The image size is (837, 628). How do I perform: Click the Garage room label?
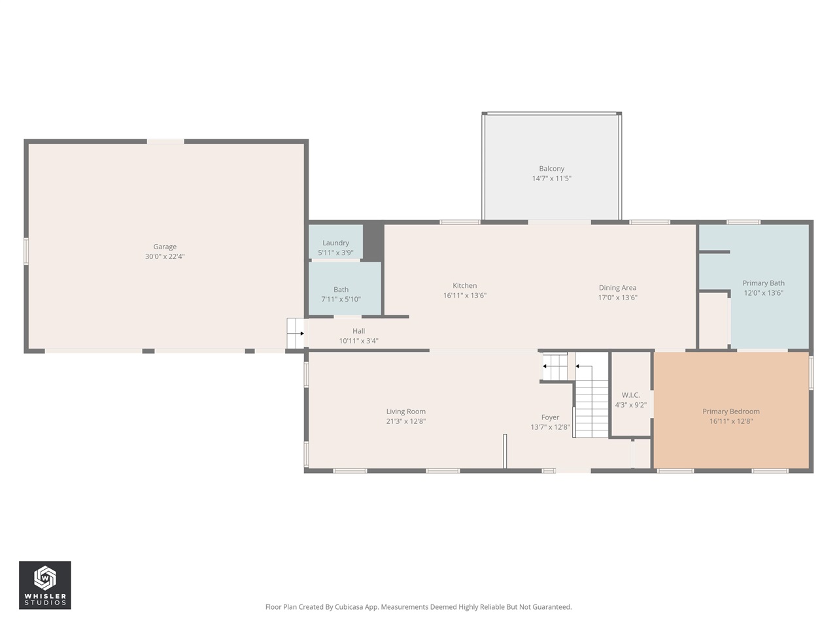pos(165,247)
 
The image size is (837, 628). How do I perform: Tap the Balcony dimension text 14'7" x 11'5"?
pos(551,179)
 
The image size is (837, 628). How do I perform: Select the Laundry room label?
pos(335,243)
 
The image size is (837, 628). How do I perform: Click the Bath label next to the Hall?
pos(341,289)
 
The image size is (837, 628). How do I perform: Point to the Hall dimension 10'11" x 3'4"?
pos(358,341)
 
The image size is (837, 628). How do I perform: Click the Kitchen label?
pos(464,285)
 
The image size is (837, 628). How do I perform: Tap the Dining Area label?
pos(617,287)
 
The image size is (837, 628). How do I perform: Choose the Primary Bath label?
pos(763,283)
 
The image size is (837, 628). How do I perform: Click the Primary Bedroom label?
pos(731,411)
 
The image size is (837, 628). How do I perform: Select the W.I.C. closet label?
pos(630,395)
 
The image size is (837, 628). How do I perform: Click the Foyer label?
pos(550,417)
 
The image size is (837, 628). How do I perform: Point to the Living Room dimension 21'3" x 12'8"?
pos(405,421)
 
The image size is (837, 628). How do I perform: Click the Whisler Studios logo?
pos(44,585)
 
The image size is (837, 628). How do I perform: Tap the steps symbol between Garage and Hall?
pos(296,333)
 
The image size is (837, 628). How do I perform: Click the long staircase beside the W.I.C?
pos(592,402)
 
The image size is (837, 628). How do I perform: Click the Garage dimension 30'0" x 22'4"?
pos(165,256)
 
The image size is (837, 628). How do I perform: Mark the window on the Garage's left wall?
pos(27,251)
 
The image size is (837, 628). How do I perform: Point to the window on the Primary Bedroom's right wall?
pos(811,373)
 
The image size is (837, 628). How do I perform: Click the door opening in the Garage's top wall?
pos(165,141)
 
